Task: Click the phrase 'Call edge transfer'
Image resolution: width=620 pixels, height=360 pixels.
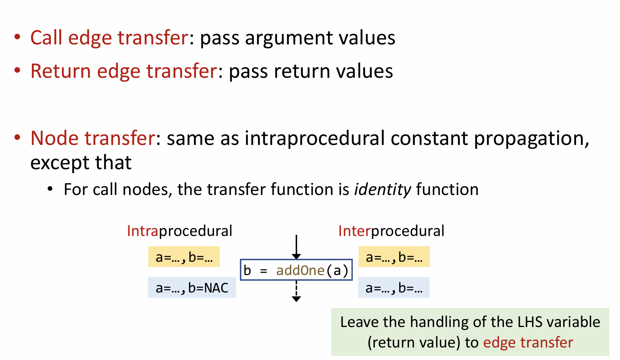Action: [109, 38]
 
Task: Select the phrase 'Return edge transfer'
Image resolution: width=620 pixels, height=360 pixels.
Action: [124, 71]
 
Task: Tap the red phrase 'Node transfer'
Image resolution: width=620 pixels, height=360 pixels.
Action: [93, 138]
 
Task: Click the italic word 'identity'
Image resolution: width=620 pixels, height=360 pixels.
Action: [382, 189]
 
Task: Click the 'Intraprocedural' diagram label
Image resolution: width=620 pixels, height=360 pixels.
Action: [179, 231]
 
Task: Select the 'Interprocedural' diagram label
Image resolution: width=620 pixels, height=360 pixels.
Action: [391, 231]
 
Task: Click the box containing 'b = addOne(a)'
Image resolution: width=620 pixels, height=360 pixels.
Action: [296, 270]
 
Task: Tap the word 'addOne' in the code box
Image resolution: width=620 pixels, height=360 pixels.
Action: [300, 270]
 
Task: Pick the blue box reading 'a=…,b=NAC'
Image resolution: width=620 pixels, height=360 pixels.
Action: [192, 288]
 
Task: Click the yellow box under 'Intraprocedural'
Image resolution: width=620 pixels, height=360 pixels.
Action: [184, 257]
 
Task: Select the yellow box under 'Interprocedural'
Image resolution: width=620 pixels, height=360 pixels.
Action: [394, 257]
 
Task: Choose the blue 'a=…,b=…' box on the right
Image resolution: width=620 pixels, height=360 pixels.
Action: [393, 288]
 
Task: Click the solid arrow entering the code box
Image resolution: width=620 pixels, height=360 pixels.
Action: [296, 247]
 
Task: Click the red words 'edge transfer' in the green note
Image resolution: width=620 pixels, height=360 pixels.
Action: [528, 342]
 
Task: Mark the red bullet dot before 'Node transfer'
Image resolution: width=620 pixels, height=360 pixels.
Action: [17, 137]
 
